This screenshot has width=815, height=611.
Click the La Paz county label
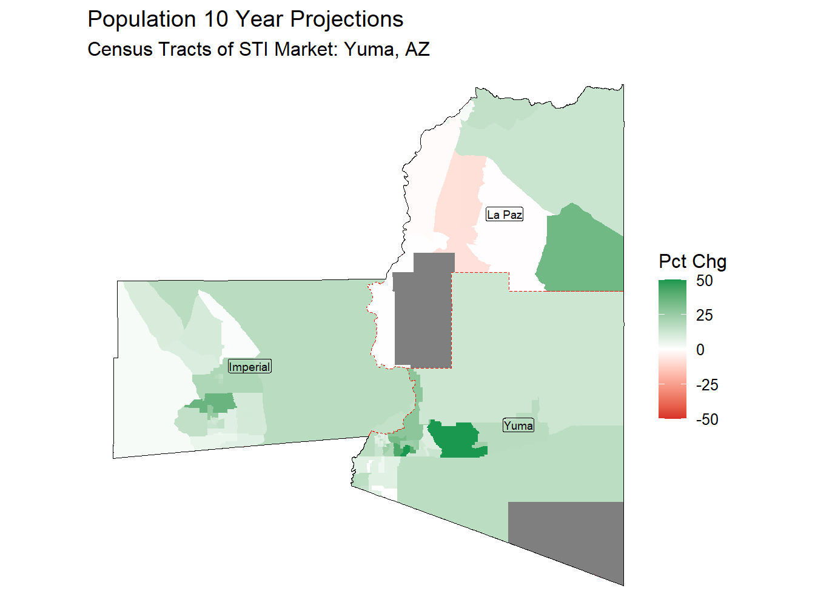click(504, 215)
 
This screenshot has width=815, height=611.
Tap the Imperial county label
click(249, 367)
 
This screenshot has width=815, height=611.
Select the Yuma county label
click(518, 426)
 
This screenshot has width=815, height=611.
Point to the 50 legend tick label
click(705, 281)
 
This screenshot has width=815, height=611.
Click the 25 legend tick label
click(705, 315)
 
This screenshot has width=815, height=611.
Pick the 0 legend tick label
click(700, 350)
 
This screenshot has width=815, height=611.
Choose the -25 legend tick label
click(706, 385)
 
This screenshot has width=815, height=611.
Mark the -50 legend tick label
click(706, 419)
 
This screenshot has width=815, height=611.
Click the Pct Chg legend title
click(693, 261)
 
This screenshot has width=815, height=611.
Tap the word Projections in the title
click(347, 19)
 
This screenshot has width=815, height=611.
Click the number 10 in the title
click(216, 19)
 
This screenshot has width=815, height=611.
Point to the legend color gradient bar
click(672, 349)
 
